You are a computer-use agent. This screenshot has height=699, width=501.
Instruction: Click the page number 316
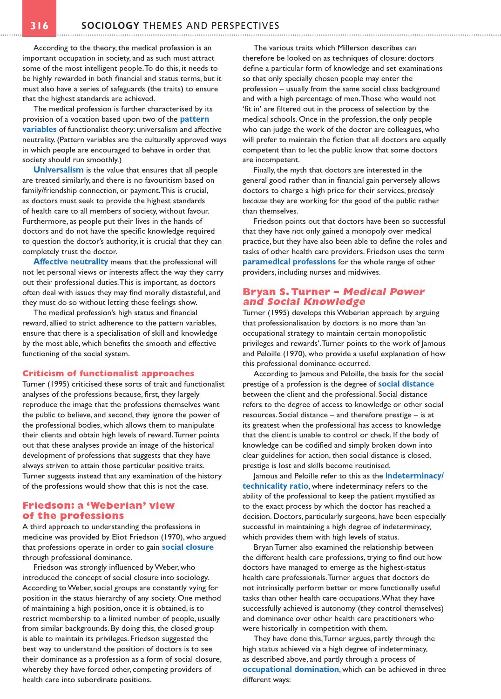40,26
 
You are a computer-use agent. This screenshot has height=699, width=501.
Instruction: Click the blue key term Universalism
58,170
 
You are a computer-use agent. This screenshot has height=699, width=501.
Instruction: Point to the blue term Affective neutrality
70,262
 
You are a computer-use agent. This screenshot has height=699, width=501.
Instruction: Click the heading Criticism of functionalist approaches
108,374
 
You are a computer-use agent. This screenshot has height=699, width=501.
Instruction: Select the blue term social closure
188,547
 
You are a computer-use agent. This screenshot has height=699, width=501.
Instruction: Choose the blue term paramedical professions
289,262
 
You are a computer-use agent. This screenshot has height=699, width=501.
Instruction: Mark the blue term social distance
406,384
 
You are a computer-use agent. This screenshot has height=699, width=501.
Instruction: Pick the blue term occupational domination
291,669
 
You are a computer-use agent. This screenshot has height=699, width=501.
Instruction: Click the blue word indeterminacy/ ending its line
414,476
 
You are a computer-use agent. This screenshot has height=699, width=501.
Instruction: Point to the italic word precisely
420,191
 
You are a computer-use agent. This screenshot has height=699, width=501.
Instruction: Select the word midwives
365,272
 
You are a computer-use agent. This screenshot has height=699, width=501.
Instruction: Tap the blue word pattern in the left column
194,119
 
